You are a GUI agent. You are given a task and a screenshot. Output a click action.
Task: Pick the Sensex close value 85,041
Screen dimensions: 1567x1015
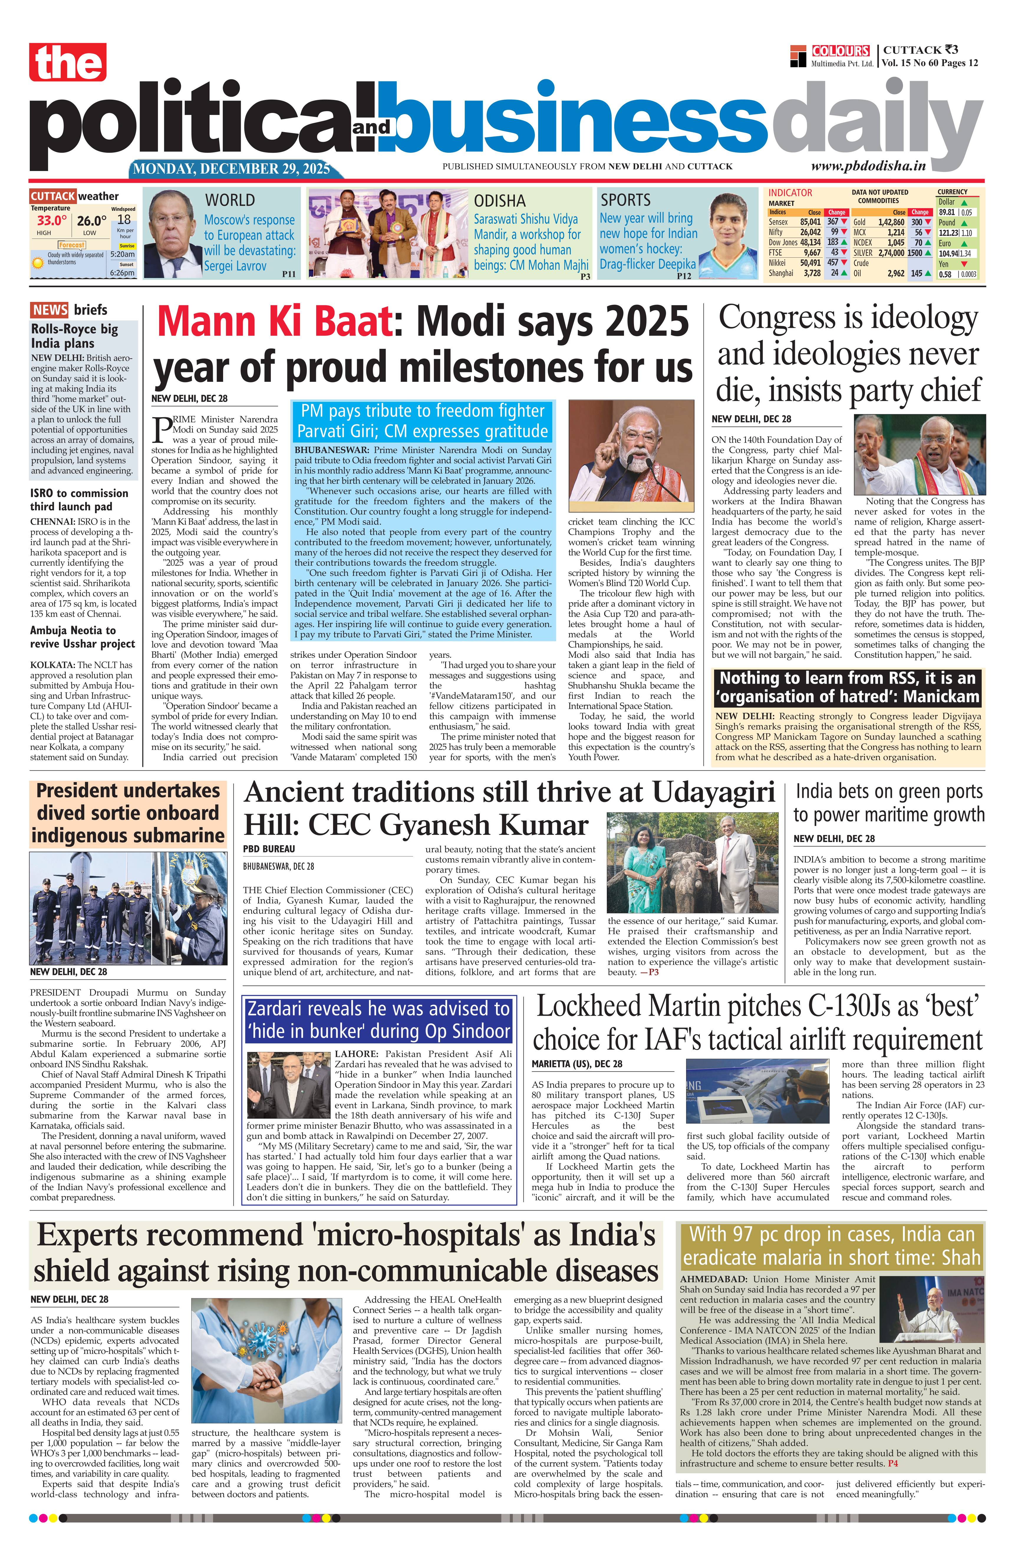coord(810,222)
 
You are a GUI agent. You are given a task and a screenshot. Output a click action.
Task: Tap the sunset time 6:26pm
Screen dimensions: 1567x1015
coord(122,273)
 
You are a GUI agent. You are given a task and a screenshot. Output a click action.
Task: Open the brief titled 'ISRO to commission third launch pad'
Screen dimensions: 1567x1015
coord(79,500)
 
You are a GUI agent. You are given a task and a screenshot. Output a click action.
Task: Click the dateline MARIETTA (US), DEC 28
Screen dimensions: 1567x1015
coord(577,1064)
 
